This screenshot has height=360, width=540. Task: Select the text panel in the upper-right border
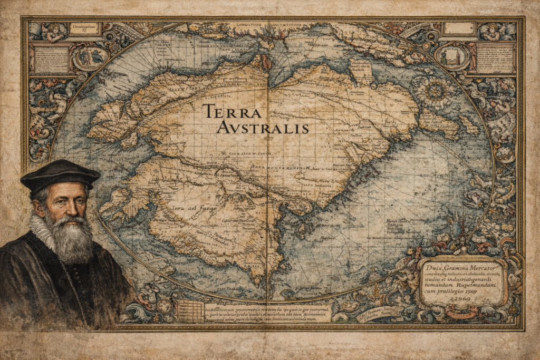(495, 58)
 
